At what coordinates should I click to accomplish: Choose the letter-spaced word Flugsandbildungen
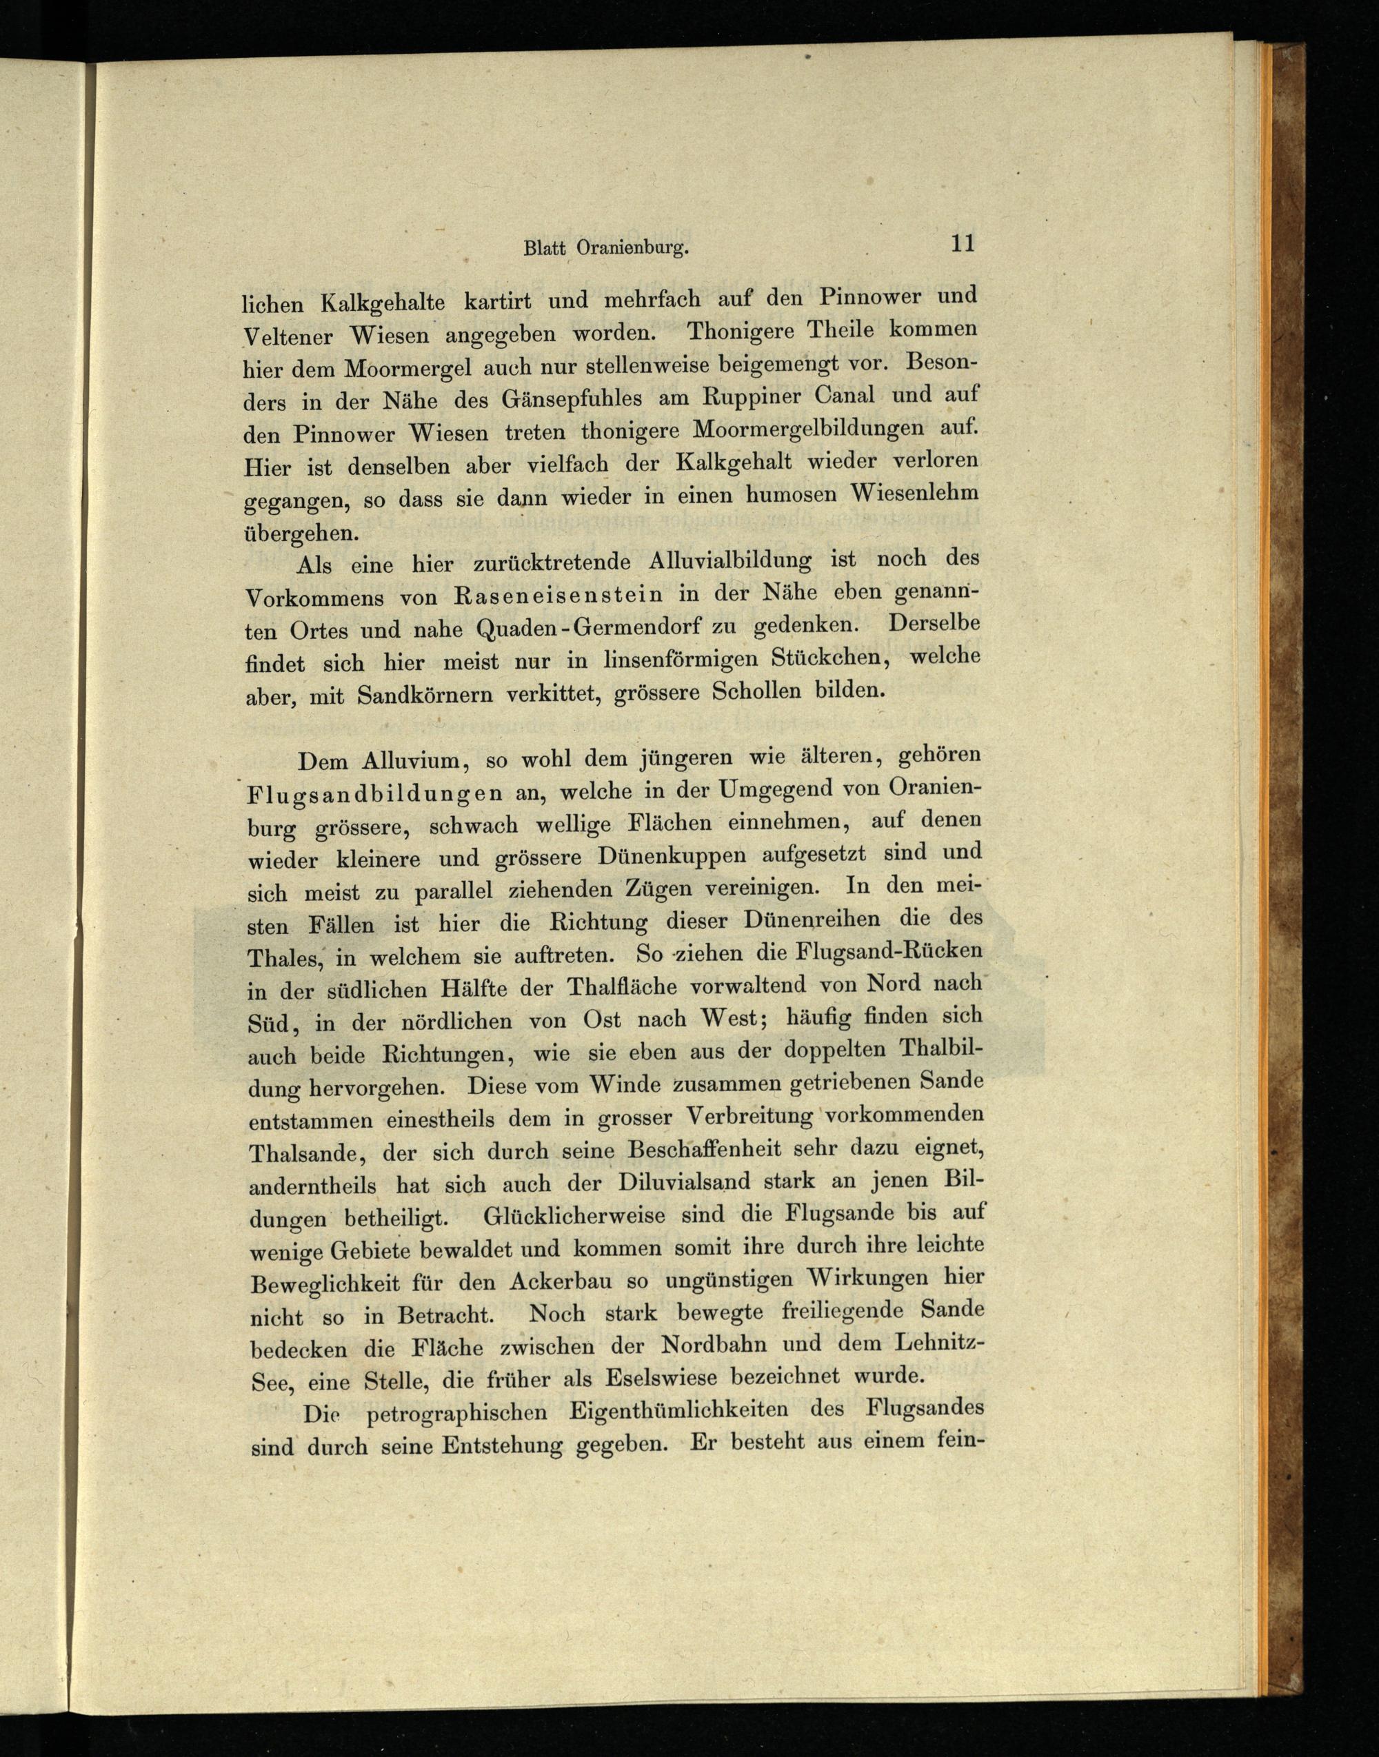374,793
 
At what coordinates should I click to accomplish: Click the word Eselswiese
663,1378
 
